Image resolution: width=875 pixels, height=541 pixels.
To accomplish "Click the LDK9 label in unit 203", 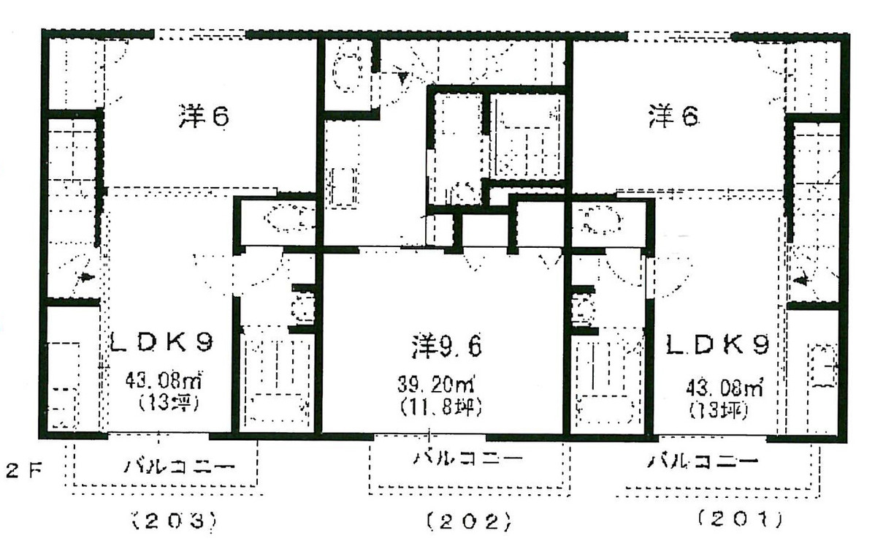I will pyautogui.click(x=162, y=341).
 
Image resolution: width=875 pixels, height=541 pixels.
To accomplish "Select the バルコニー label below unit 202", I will pyautogui.click(x=468, y=458).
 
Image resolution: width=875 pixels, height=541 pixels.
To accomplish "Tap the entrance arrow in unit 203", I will pyautogui.click(x=86, y=278).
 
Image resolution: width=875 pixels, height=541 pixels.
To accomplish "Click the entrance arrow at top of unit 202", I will pyautogui.click(x=402, y=74).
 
